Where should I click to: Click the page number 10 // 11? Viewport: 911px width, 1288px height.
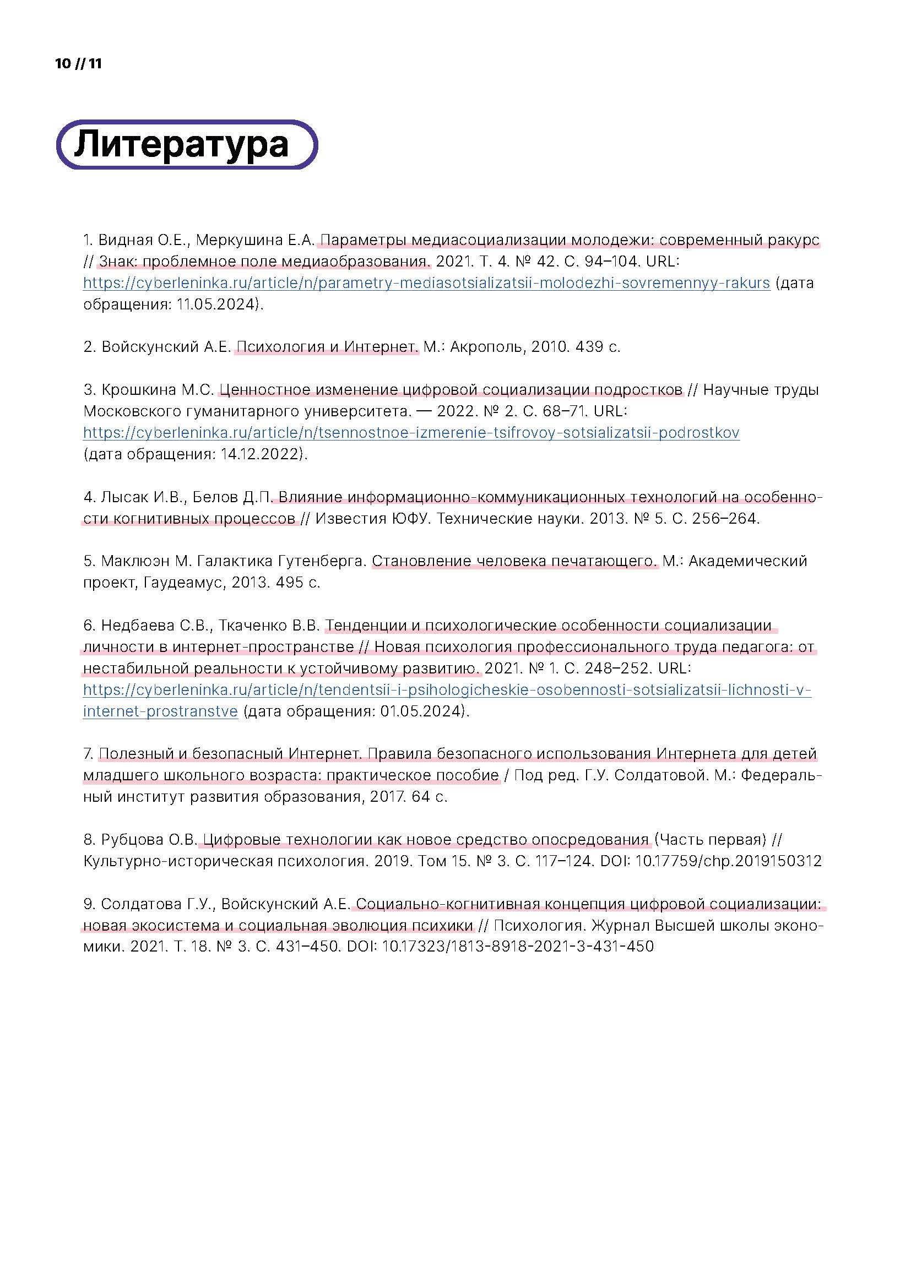tap(79, 64)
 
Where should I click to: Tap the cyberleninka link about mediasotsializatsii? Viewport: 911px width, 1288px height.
tap(426, 282)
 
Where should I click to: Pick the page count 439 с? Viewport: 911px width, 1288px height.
tap(598, 347)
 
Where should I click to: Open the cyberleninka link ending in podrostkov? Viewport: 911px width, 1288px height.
tap(411, 432)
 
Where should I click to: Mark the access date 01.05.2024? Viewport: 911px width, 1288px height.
tap(422, 711)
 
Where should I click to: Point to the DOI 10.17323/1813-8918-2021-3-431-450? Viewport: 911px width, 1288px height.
tap(517, 947)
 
